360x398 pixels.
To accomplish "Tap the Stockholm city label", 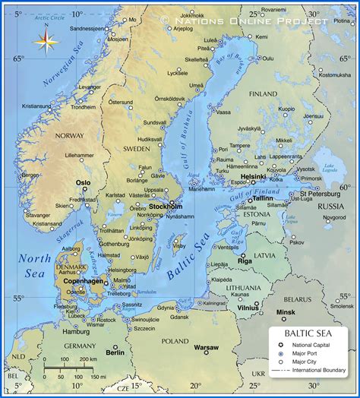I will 166,206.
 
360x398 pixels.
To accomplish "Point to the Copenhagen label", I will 84,281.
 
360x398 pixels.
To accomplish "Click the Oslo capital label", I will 83,182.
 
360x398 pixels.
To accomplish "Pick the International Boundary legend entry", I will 317,371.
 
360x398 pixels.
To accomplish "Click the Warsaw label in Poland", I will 205,347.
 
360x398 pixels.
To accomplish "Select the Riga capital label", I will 245,261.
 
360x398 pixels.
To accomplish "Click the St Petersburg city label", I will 318,194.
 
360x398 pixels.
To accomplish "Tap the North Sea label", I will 35,266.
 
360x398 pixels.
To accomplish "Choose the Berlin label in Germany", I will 115,352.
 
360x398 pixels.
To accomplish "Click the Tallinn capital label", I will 263,198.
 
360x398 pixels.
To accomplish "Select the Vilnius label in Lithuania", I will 248,308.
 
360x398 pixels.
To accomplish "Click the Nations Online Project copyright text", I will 244,20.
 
